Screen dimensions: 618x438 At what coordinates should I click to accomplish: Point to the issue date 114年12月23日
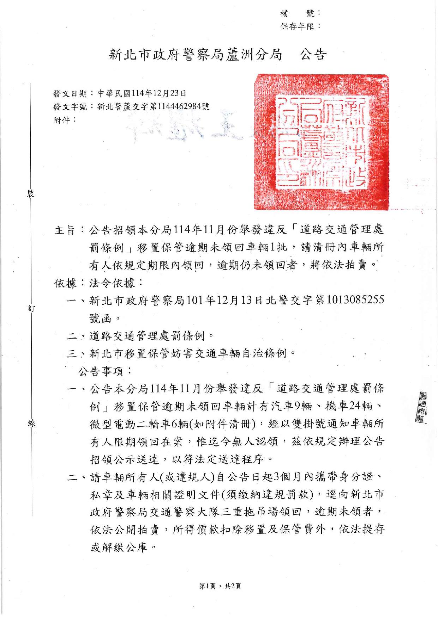pyautogui.click(x=159, y=93)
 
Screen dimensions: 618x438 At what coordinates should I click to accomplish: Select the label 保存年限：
pyautogui.click(x=300, y=26)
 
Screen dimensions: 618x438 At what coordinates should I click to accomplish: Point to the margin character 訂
pyautogui.click(x=31, y=308)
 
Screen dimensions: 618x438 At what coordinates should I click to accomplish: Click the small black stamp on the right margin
pyautogui.click(x=421, y=407)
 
